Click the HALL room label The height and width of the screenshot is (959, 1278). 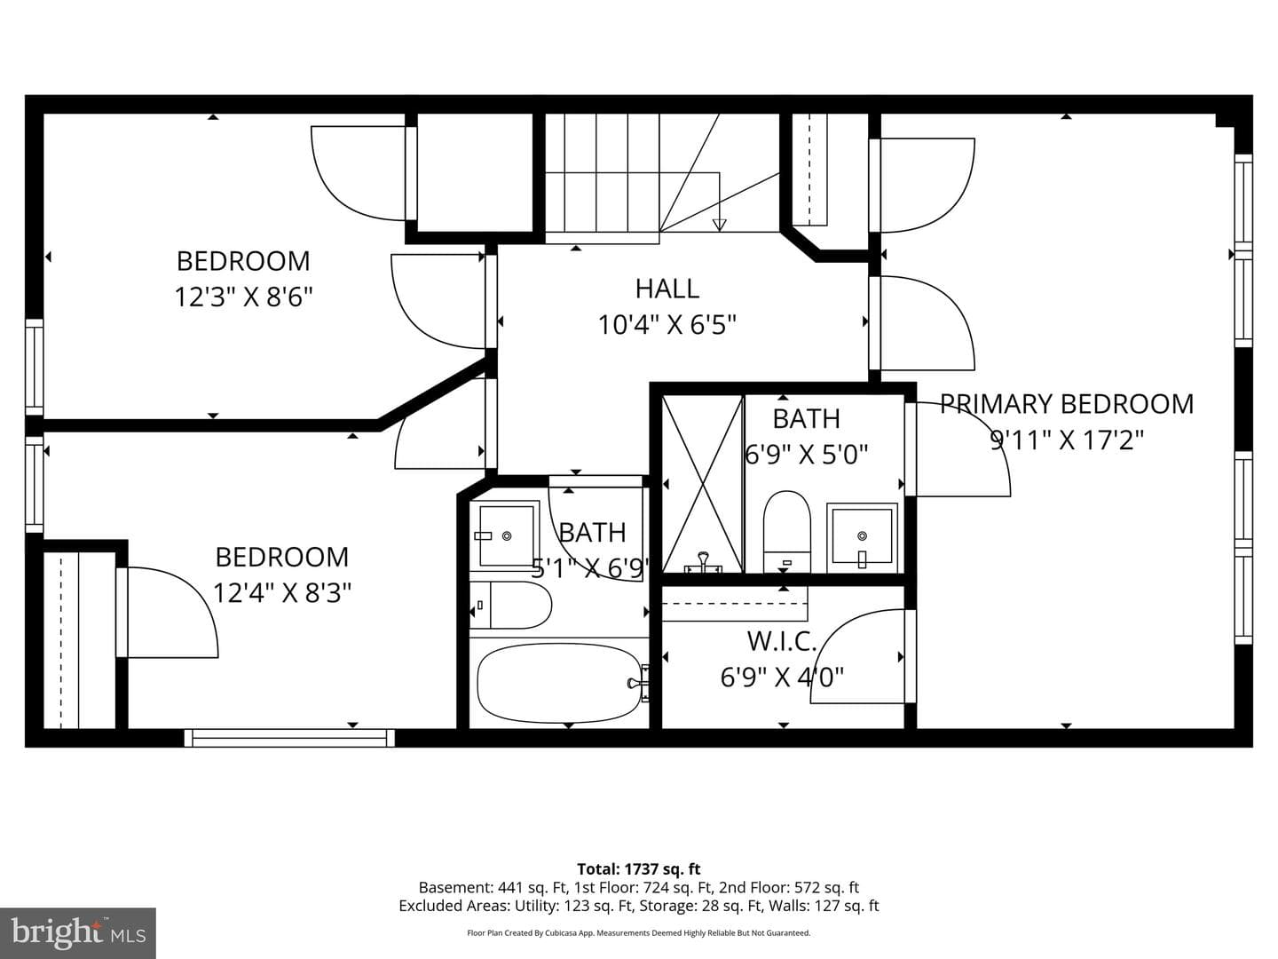(667, 289)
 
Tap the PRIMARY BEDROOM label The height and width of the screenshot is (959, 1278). (1067, 404)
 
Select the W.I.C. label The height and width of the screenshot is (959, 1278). (782, 642)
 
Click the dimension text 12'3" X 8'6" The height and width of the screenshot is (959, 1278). (244, 297)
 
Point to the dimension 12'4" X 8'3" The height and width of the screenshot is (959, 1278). (282, 593)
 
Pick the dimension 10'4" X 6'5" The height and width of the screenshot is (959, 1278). (667, 325)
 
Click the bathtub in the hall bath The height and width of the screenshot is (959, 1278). (559, 684)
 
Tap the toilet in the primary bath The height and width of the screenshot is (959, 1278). (786, 532)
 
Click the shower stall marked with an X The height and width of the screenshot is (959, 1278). (703, 484)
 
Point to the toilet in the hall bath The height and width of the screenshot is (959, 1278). (510, 605)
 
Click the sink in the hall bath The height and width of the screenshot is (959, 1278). (505, 535)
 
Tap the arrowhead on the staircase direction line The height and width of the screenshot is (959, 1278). (720, 225)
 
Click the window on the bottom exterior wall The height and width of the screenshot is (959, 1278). (289, 738)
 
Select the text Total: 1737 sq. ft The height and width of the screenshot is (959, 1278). (639, 869)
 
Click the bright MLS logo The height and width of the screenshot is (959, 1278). (78, 933)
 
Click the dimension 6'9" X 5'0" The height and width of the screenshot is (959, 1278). (807, 455)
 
